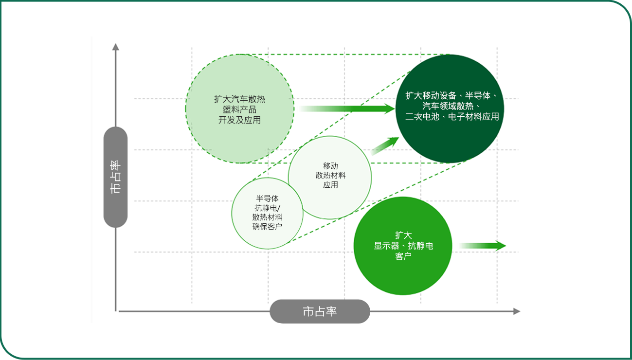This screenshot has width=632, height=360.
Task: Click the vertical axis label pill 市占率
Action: pyautogui.click(x=115, y=177)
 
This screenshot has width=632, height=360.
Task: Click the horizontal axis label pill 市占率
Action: pyautogui.click(x=320, y=311)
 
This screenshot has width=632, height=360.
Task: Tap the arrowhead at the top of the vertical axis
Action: pyautogui.click(x=116, y=47)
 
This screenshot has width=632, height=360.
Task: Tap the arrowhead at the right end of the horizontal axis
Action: pyautogui.click(x=517, y=311)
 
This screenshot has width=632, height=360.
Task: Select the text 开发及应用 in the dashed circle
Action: pyautogui.click(x=239, y=120)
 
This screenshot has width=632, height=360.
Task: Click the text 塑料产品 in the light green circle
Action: pyautogui.click(x=239, y=109)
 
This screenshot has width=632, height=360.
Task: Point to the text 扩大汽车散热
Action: pyautogui.click(x=239, y=99)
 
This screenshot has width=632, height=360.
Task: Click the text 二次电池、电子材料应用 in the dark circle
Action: pyautogui.click(x=452, y=117)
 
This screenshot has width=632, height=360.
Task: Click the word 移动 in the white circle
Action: pyautogui.click(x=330, y=166)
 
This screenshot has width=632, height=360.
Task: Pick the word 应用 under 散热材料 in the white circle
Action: pyautogui.click(x=330, y=185)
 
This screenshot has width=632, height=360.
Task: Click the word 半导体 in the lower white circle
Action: pyautogui.click(x=267, y=198)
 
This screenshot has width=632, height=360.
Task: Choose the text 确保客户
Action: pyautogui.click(x=267, y=227)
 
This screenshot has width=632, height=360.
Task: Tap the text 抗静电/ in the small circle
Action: pyautogui.click(x=267, y=208)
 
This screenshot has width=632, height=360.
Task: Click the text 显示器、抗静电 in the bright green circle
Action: pyautogui.click(x=403, y=246)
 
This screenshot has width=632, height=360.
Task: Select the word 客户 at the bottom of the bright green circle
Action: pyautogui.click(x=403, y=256)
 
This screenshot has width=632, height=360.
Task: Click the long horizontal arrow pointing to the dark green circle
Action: pyautogui.click(x=347, y=108)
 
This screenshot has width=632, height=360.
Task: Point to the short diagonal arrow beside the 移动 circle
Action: pyautogui.click(x=385, y=146)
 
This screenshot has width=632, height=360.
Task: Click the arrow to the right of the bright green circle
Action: pyautogui.click(x=483, y=246)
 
